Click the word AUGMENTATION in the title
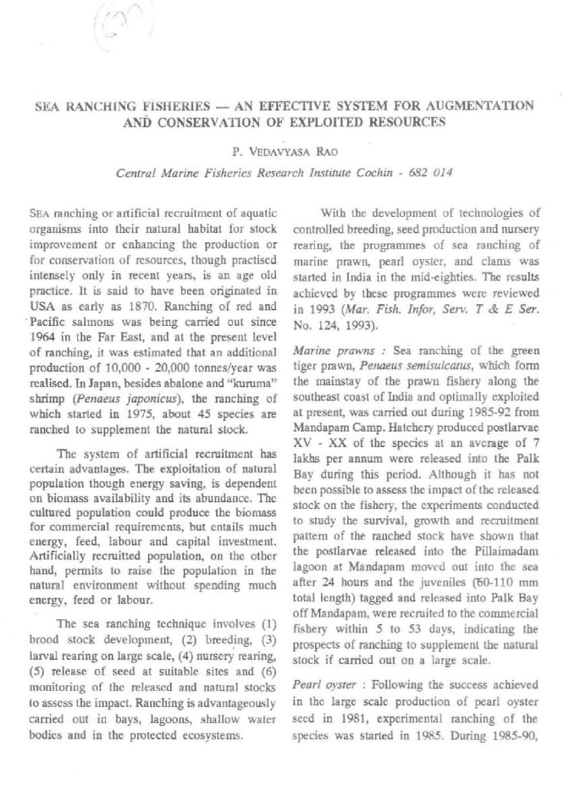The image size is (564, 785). tap(471, 104)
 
